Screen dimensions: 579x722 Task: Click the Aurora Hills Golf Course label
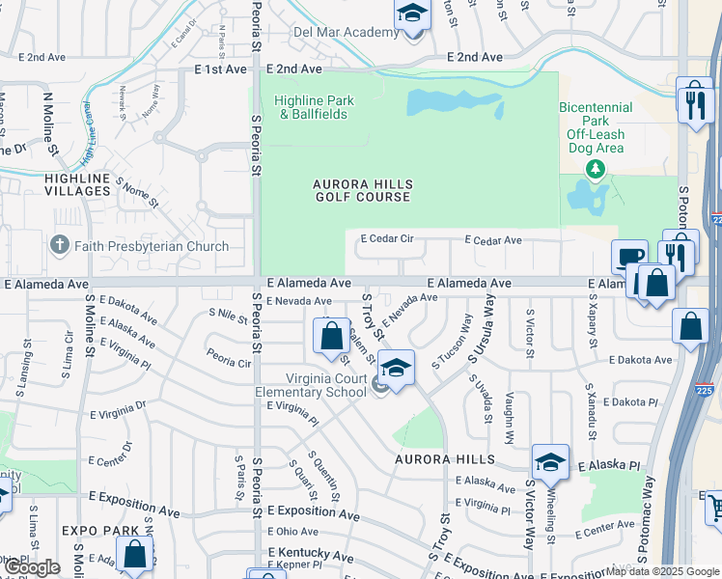363,190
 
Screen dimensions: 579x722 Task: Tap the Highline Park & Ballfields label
314,107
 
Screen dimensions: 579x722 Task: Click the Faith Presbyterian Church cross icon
60,246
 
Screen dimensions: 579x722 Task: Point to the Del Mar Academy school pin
412,16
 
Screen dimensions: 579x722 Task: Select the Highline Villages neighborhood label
77,184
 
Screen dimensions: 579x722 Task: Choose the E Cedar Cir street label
386,238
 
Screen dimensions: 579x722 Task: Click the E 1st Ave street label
217,69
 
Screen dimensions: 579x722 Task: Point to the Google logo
31,567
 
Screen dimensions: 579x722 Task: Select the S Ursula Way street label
482,330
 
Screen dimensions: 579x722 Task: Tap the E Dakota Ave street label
633,360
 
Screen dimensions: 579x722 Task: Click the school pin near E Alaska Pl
551,461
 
